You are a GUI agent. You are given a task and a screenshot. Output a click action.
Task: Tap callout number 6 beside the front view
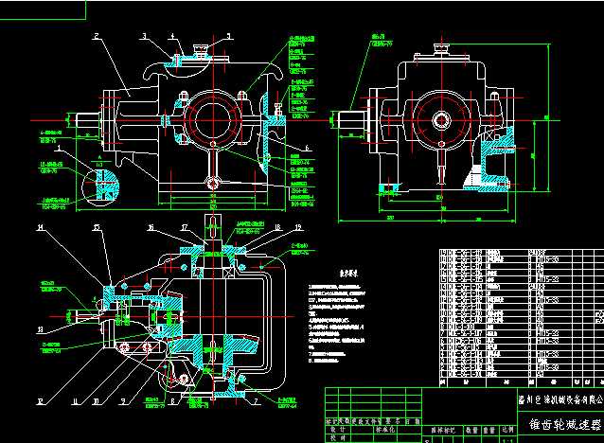coord(309,149)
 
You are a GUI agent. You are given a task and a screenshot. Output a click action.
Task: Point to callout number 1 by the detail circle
coord(58,149)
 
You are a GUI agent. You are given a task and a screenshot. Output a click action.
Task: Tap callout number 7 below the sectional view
coord(257,402)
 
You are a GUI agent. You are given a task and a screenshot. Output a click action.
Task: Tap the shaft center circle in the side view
coord(440,120)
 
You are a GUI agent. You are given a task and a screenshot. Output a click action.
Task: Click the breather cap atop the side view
coord(440,46)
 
